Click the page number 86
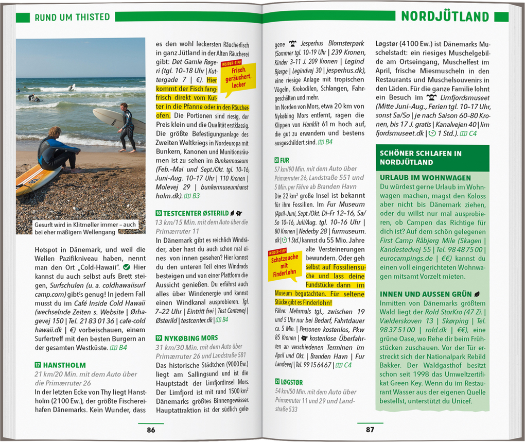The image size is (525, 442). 151,430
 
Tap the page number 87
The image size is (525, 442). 370,430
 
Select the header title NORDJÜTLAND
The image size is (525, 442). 445,16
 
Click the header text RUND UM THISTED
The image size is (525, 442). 72,17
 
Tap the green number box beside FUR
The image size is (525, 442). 277,160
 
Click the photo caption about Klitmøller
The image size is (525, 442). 85,228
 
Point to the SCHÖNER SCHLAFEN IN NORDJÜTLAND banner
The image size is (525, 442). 432,158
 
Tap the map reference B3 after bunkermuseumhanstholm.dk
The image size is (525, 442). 192,196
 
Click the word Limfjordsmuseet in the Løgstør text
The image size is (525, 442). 460,97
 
